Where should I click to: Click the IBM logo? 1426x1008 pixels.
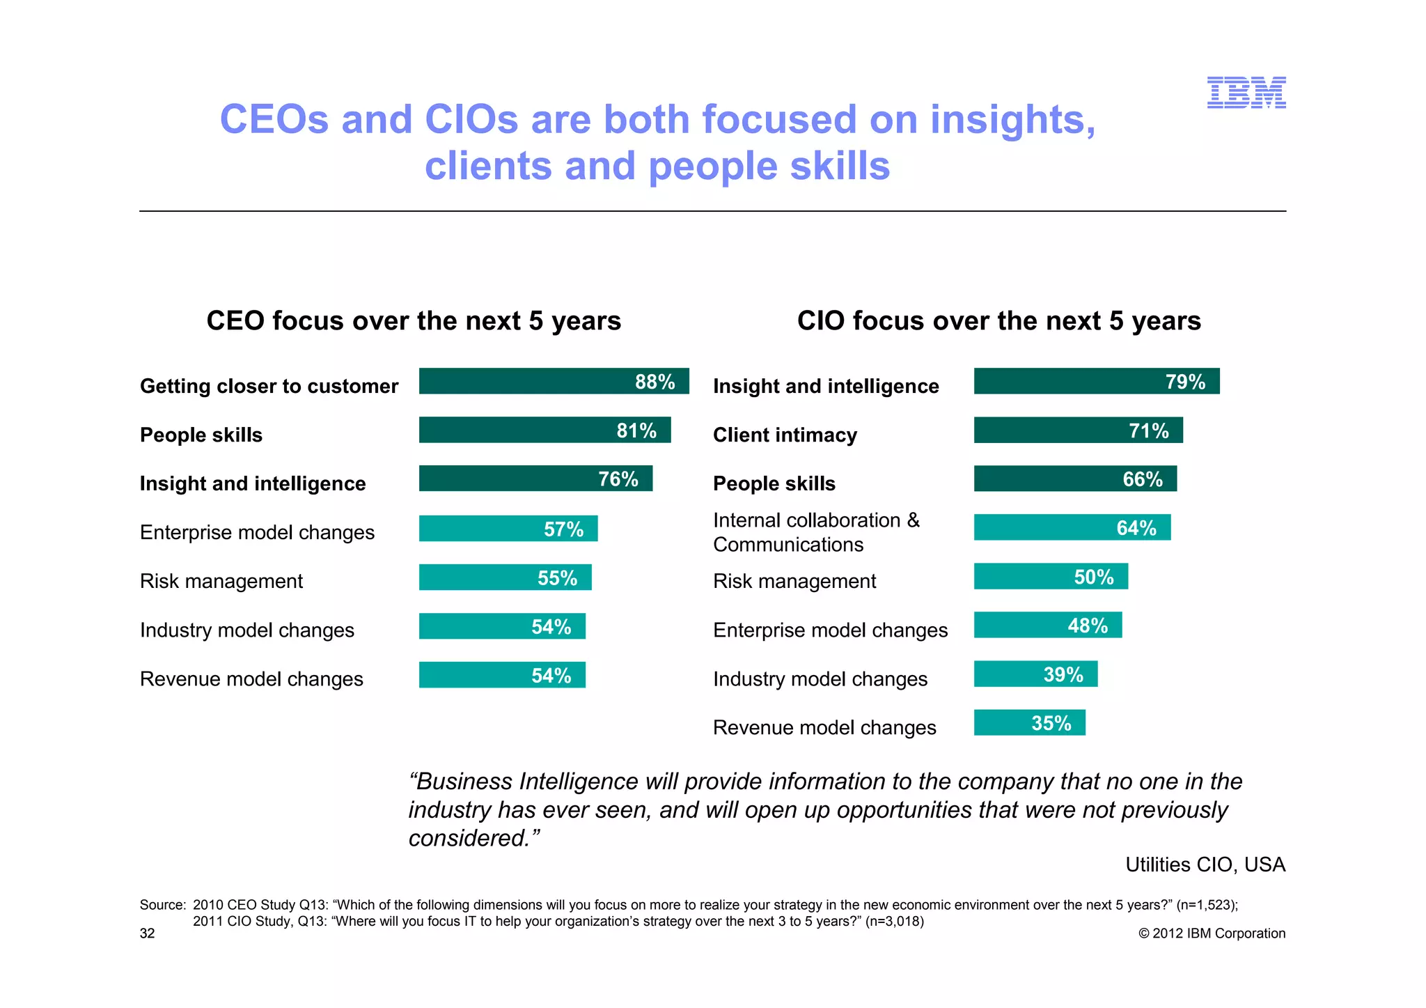pyautogui.click(x=1246, y=93)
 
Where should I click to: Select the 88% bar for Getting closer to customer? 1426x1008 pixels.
pyautogui.click(x=554, y=381)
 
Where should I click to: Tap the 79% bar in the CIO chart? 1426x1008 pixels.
pyautogui.click(x=1096, y=381)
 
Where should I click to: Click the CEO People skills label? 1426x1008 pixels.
pyautogui.click(x=201, y=435)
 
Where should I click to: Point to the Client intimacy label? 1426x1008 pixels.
pyautogui.click(x=785, y=435)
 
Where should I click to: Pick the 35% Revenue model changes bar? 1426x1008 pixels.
pyautogui.click(x=1029, y=722)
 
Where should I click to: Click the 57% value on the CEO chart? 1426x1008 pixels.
pyautogui.click(x=563, y=529)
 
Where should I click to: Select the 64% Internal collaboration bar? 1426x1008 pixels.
pyautogui.click(x=1072, y=527)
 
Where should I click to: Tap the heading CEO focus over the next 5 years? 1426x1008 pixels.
pyautogui.click(x=414, y=321)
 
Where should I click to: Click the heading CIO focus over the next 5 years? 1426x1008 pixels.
pyautogui.click(x=998, y=321)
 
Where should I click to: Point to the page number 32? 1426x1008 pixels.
pyautogui.click(x=148, y=933)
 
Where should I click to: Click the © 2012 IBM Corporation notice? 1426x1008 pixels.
pyautogui.click(x=1212, y=933)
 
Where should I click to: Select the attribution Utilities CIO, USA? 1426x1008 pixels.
pyautogui.click(x=1205, y=864)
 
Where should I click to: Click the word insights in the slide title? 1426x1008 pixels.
pyautogui.click(x=1012, y=120)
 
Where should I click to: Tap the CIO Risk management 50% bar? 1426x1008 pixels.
pyautogui.click(x=1051, y=576)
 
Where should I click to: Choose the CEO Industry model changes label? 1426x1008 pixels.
pyautogui.click(x=247, y=630)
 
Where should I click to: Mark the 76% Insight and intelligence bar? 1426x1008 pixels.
pyautogui.click(x=535, y=479)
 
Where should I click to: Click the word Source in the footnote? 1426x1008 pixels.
pyautogui.click(x=162, y=905)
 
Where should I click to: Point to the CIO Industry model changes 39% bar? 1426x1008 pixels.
pyautogui.click(x=1035, y=674)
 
